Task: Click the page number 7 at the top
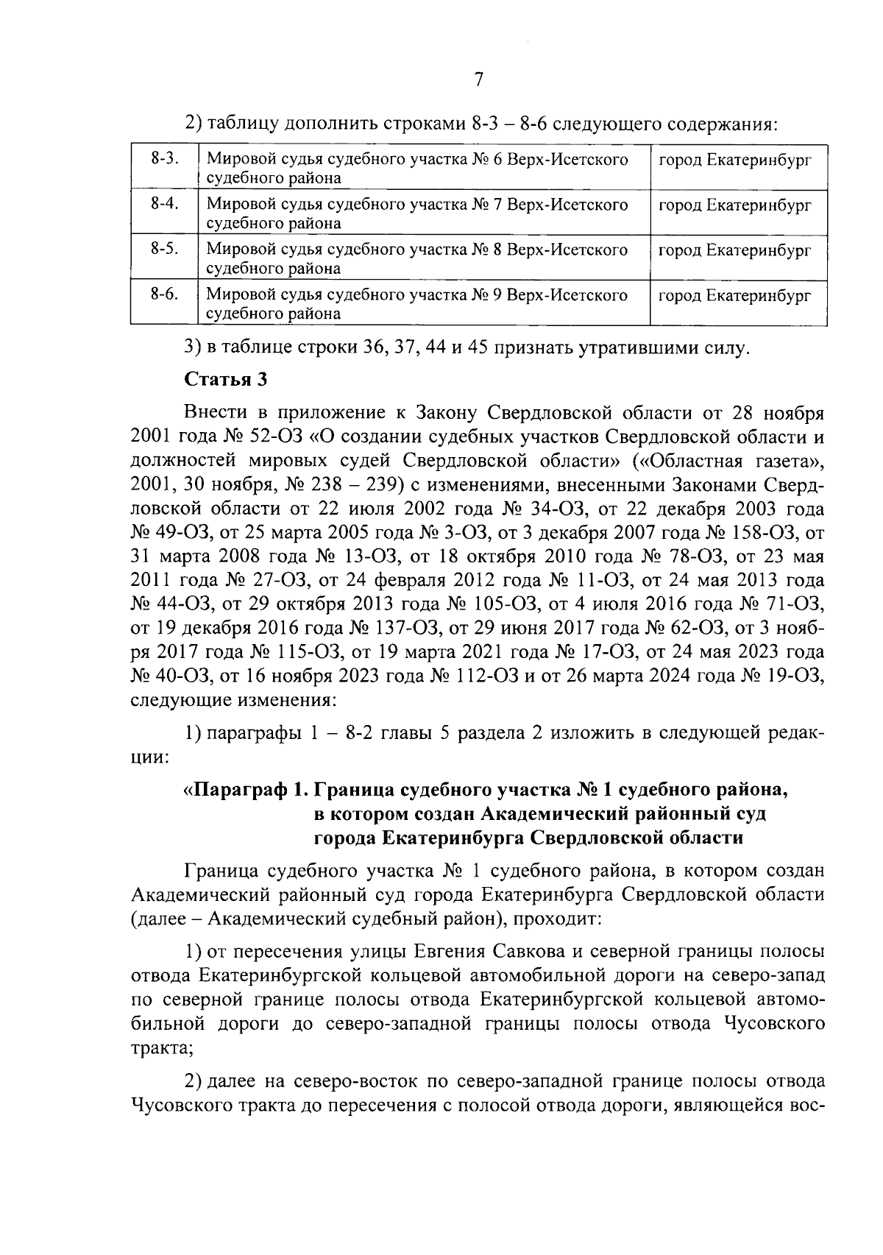478,80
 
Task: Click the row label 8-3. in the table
166,160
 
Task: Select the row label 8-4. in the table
166,205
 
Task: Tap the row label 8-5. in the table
166,250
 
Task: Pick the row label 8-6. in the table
166,295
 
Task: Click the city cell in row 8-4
734,205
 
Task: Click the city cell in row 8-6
734,296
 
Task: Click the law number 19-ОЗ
789,676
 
